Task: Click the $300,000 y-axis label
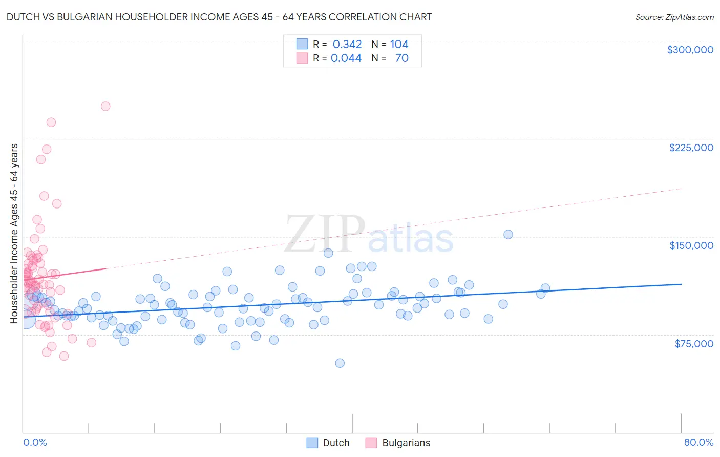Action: click(690, 50)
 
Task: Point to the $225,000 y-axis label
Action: click(691, 148)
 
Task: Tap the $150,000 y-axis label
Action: click(691, 245)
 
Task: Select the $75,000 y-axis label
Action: click(693, 344)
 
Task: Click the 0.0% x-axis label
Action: click(35, 442)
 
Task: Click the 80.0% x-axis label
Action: click(698, 442)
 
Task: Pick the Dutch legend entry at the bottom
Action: click(328, 443)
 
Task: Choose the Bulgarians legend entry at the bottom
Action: click(398, 443)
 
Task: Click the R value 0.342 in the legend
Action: click(347, 45)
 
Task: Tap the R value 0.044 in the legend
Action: click(346, 58)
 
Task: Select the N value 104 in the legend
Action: click(399, 45)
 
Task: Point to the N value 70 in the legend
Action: click(401, 58)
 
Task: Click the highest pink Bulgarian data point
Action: click(105, 107)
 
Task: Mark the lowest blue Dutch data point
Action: click(340, 363)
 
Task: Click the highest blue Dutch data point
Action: click(508, 235)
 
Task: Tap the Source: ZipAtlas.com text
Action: click(674, 17)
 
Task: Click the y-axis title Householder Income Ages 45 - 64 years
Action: click(14, 234)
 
